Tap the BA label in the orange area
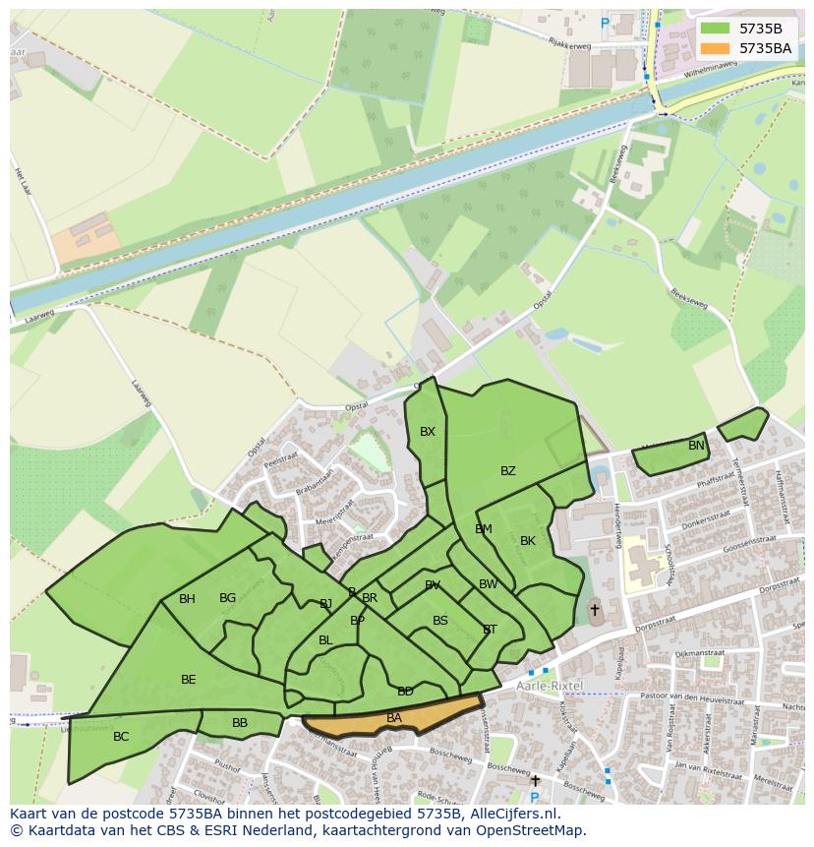coord(394,718)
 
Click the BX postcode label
coord(428,432)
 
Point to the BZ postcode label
coord(508,471)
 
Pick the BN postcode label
coord(696,446)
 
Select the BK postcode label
coord(528,541)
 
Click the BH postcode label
coord(187,599)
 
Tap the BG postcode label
coord(227,598)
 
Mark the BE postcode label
coord(189,680)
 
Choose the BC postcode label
coord(121,737)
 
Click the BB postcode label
coord(240,723)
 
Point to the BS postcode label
coord(440,621)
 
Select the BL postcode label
coord(325,640)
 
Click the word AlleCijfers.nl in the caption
coord(508,815)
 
